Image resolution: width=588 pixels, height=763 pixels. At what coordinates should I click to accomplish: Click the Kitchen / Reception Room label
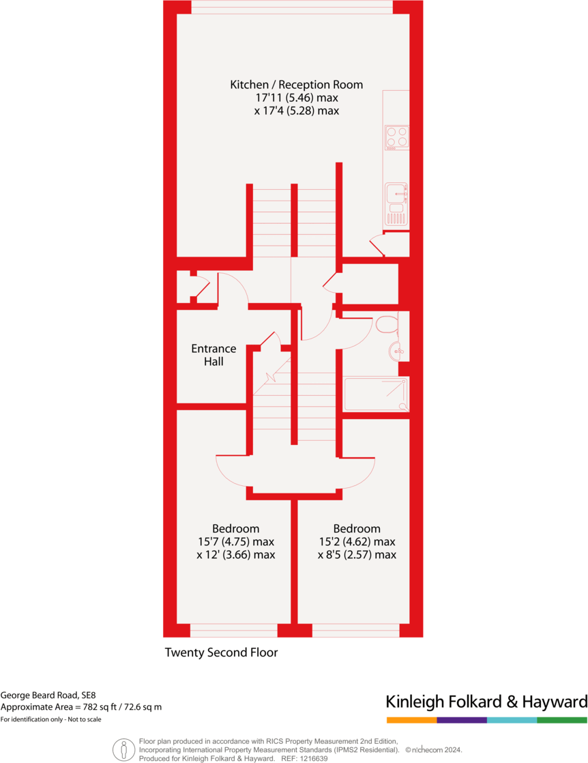tap(296, 85)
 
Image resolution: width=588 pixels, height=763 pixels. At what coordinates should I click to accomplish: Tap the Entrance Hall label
tap(214, 355)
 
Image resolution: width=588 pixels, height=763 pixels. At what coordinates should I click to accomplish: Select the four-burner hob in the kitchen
tap(397, 136)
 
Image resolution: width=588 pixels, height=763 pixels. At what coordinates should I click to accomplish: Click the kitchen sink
tap(396, 195)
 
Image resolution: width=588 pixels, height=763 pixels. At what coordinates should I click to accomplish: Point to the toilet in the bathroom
tap(386, 323)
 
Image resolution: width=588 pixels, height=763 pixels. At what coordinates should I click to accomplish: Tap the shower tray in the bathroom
tap(377, 394)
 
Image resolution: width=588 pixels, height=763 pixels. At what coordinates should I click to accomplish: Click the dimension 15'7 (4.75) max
tap(235, 542)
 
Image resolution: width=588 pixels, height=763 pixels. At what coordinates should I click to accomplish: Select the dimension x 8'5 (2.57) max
tap(357, 555)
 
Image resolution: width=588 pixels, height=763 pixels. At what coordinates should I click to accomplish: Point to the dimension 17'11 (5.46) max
tap(296, 98)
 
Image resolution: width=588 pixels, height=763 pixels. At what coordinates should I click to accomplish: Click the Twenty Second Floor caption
tap(221, 652)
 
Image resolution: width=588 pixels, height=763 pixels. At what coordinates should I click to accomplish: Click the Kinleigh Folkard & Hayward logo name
tap(486, 702)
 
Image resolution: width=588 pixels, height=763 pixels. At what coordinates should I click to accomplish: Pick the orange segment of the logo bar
tap(411, 720)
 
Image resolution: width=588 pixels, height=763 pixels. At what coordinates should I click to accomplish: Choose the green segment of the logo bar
tap(562, 720)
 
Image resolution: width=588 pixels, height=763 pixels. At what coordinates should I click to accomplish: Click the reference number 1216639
tap(313, 758)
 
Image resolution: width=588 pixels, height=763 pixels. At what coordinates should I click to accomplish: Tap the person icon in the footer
tap(123, 749)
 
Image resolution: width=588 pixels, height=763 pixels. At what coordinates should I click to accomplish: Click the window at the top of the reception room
tap(292, 7)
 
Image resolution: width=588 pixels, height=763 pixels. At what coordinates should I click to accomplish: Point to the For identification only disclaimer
tap(50, 719)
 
